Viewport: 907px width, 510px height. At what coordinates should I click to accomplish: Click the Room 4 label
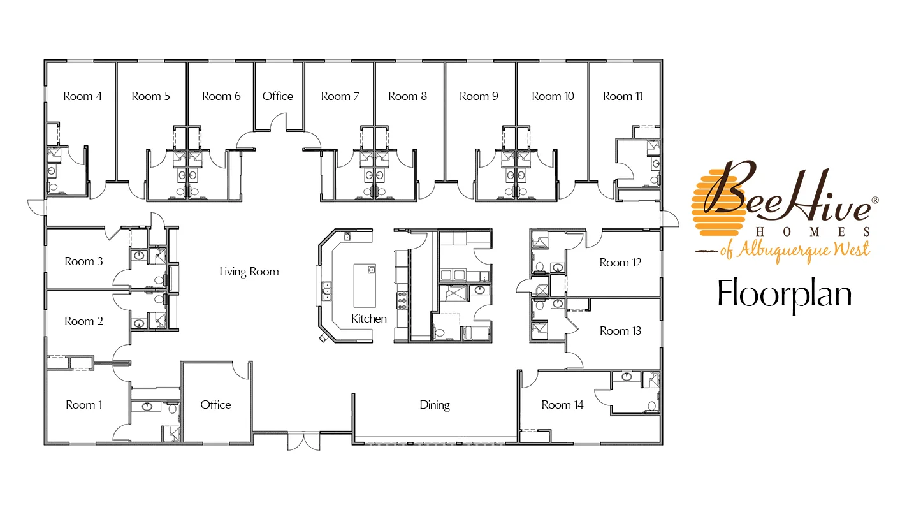point(82,96)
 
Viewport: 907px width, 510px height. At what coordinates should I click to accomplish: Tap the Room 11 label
point(622,96)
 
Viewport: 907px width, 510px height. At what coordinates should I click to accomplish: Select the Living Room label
point(249,272)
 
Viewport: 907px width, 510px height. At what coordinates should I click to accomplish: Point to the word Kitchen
point(368,319)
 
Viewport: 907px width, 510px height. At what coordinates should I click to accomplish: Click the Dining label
point(435,405)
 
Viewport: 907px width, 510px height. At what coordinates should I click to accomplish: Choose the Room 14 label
point(562,405)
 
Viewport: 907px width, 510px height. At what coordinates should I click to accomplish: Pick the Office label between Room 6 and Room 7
point(277,96)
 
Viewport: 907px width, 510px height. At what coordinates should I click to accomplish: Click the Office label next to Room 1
point(215,405)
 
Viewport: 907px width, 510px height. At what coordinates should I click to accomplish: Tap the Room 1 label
point(84,405)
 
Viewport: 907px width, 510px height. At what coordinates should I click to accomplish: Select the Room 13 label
point(620,331)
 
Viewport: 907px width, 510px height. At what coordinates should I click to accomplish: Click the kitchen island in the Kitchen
point(365,286)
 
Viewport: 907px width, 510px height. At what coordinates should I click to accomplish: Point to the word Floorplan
point(785,294)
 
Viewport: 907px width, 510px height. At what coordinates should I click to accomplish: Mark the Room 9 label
point(479,96)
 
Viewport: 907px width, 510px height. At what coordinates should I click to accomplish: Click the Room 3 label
point(84,261)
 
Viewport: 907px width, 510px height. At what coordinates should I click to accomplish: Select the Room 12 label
point(620,263)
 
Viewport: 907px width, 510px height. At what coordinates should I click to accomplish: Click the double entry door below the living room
point(303,441)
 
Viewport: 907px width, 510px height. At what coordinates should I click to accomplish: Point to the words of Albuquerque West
point(794,250)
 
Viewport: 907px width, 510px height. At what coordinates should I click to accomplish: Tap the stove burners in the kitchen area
point(402,300)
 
